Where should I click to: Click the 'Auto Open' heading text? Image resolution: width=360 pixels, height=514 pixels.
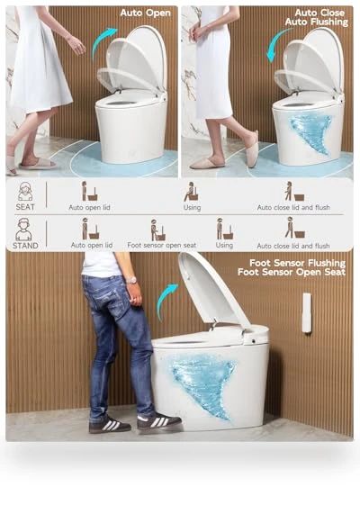tap(145, 13)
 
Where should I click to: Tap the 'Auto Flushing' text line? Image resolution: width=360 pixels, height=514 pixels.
tap(317, 22)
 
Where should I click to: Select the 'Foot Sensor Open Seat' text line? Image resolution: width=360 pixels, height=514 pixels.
tap(292, 272)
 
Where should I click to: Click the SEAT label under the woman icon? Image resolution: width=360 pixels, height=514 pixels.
tap(25, 207)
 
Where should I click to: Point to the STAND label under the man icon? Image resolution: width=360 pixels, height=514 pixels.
tap(25, 245)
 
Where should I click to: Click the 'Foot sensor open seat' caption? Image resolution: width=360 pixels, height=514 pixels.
tap(162, 245)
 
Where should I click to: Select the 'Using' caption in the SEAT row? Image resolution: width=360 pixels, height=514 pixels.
tap(192, 207)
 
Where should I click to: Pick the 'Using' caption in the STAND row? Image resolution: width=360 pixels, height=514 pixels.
tap(224, 245)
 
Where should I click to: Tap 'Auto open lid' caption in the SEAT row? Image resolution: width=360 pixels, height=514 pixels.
tap(89, 207)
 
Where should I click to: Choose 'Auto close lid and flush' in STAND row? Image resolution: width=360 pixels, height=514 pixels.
tap(293, 246)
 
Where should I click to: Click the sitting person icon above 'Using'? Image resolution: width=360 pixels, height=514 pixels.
tap(192, 192)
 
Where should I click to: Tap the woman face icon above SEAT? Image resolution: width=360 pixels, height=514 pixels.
tap(25, 192)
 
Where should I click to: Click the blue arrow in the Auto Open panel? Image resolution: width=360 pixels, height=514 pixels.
tap(102, 42)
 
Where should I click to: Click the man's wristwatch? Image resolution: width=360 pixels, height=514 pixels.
tap(131, 280)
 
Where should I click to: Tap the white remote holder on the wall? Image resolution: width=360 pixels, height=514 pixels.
tap(307, 313)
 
